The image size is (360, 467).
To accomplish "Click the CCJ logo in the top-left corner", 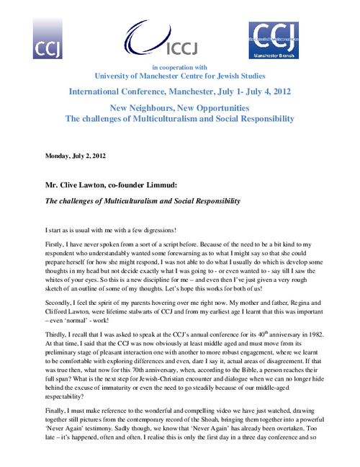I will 47,40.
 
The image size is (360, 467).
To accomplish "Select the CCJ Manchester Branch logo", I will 273,40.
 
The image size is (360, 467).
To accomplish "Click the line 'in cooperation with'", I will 180,67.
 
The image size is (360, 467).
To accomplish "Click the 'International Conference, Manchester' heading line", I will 180,92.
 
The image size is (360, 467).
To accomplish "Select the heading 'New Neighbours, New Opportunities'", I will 180,107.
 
